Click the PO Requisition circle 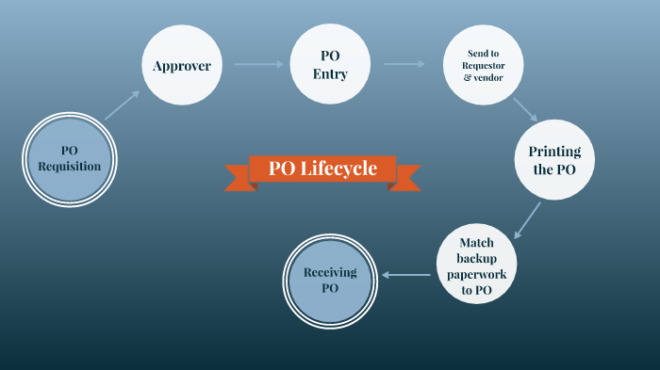(69, 158)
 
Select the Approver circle (182, 66)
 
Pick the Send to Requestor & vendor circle (483, 66)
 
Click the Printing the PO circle (554, 159)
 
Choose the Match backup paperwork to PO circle (476, 266)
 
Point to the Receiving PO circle (330, 280)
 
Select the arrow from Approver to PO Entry (258, 64)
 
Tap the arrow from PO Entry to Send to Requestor (404, 64)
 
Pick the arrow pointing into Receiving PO (406, 275)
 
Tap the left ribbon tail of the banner (238, 177)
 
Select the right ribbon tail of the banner (406, 177)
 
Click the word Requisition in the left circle (69, 167)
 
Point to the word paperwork (476, 274)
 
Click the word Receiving (330, 272)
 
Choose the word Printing (554, 152)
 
